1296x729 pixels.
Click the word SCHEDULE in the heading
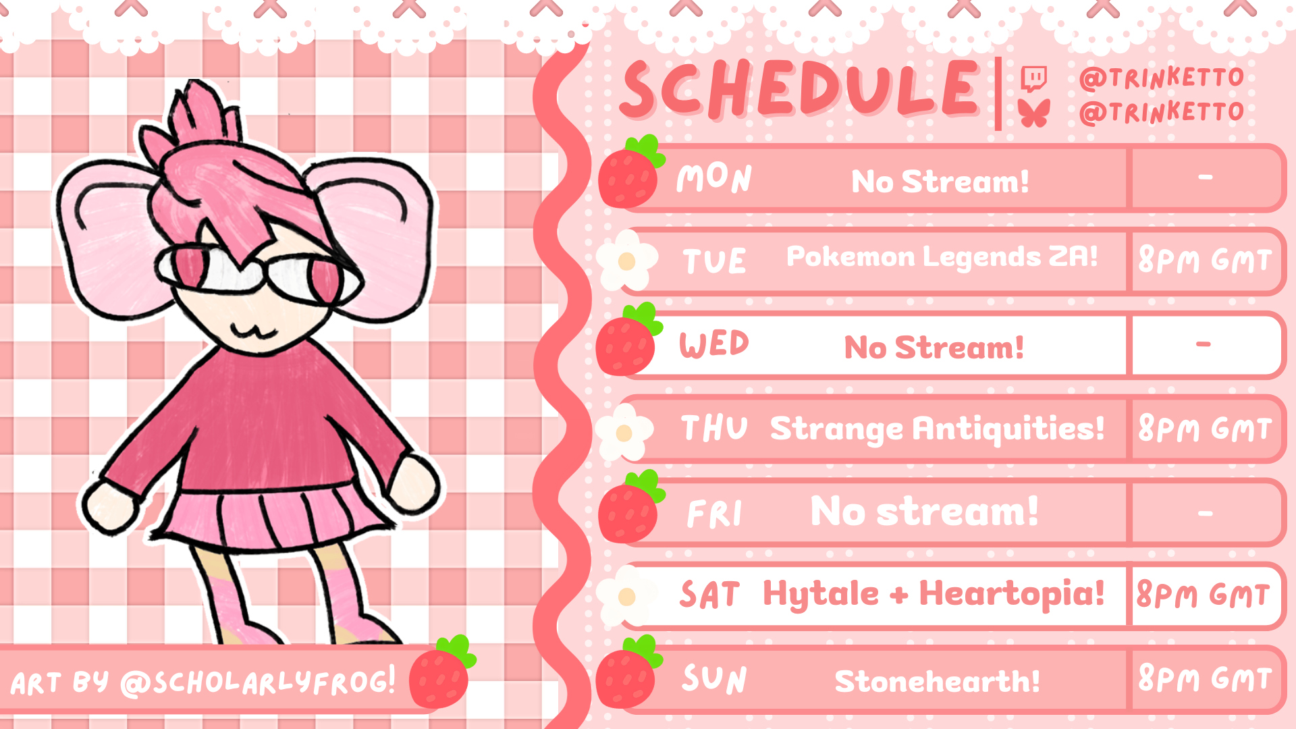coord(800,89)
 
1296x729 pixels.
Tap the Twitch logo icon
coord(1033,78)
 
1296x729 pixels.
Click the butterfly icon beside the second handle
coord(1035,113)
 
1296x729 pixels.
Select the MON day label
coord(714,178)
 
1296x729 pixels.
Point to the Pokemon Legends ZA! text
coord(942,257)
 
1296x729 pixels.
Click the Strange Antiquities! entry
coord(938,429)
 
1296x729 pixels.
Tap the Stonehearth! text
coord(938,681)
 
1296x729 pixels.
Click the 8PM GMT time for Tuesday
coord(1205,260)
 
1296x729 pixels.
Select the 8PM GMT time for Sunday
coord(1205,678)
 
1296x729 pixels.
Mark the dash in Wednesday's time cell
coord(1203,344)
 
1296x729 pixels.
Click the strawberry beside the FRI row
coord(630,507)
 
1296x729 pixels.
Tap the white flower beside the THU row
coord(624,432)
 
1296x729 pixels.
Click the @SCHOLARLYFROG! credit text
coord(257,680)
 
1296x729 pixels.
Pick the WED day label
coord(714,344)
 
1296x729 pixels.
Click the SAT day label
coord(709,595)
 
